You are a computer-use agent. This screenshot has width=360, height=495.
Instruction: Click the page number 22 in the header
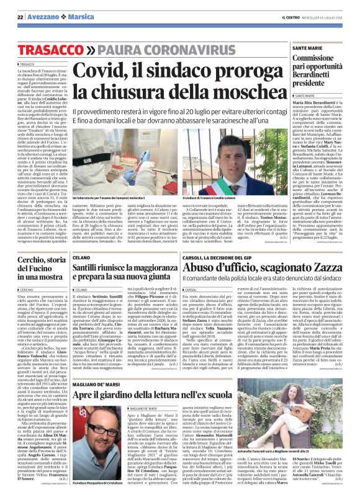pyautogui.click(x=20, y=16)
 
